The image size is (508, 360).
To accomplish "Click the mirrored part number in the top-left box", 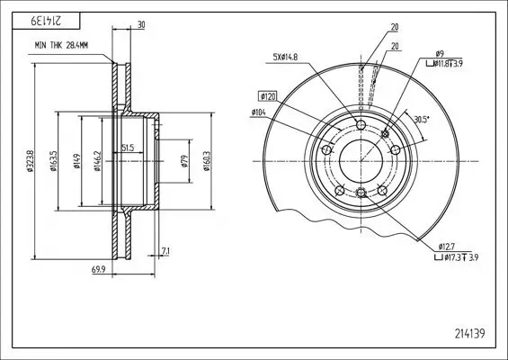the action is pos(46,21).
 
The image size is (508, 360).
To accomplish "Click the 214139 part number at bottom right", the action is pos(469,333).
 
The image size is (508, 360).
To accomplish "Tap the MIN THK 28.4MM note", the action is pos(61,45).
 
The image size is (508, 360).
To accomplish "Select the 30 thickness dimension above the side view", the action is pos(141,25).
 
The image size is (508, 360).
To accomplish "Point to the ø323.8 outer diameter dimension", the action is pos(30,160).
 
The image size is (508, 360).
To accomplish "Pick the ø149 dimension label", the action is pos(76,161).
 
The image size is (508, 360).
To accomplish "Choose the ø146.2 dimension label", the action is pos(97,161).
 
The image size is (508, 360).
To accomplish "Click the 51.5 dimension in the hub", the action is pos(128,148).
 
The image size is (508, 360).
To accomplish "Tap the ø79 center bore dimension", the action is pos(184,161).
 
